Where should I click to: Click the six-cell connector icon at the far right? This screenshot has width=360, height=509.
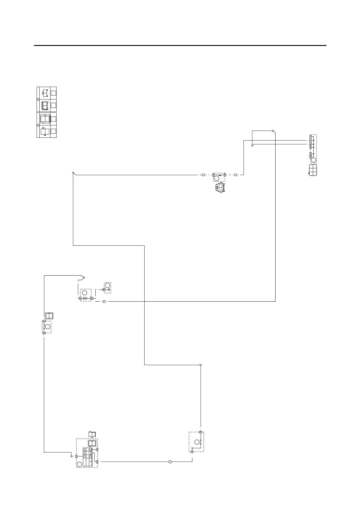click(313, 170)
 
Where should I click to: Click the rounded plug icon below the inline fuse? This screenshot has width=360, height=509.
click(219, 188)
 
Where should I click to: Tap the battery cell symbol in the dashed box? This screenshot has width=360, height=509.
click(86, 298)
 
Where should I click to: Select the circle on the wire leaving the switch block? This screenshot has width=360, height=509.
click(170, 462)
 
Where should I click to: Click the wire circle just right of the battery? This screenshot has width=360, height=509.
click(104, 301)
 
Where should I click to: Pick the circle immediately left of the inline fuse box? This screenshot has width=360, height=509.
click(204, 175)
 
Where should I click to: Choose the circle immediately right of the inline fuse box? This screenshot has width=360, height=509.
click(236, 175)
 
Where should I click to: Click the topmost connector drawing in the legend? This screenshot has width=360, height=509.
click(45, 93)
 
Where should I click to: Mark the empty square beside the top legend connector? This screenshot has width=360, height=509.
click(53, 93)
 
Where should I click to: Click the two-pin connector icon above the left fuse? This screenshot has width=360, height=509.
click(49, 316)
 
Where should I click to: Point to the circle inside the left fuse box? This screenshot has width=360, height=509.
click(47, 327)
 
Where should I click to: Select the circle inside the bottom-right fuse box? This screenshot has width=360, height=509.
click(196, 442)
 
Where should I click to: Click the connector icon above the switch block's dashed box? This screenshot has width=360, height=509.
click(92, 434)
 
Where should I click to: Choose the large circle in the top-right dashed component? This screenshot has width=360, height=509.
click(314, 160)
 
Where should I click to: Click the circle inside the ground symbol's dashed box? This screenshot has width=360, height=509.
click(107, 285)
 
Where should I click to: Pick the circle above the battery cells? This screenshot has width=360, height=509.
click(85, 293)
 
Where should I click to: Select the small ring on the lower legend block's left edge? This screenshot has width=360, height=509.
click(38, 125)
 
